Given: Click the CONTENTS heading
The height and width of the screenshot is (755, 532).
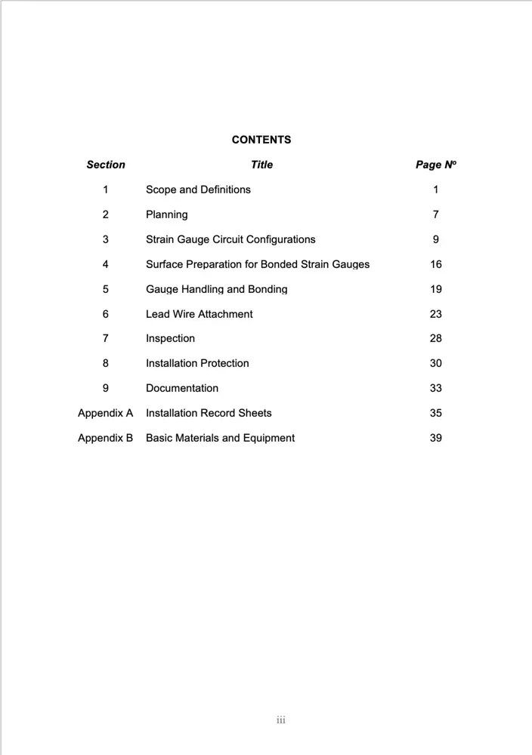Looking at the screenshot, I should (x=261, y=140).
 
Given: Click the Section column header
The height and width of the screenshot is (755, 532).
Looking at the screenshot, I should (x=106, y=165).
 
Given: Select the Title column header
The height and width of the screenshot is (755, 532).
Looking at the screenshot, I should (x=261, y=165).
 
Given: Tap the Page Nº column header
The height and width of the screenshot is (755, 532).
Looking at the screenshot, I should (x=435, y=165).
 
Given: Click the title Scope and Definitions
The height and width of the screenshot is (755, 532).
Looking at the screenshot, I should (x=198, y=190).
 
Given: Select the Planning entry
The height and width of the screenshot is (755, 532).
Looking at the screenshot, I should (x=166, y=214).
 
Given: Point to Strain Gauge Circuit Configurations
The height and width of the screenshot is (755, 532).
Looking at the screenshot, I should (x=230, y=239).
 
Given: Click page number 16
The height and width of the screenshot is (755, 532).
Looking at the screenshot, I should (x=435, y=264).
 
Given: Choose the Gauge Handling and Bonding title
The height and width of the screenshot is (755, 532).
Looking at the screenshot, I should (x=216, y=289).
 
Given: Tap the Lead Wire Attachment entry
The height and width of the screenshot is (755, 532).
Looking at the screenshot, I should (x=199, y=314).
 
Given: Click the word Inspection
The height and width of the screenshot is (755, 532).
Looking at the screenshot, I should (x=170, y=338).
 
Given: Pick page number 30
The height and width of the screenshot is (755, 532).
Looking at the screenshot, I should (x=435, y=363).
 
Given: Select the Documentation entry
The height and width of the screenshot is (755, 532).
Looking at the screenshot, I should (x=181, y=388).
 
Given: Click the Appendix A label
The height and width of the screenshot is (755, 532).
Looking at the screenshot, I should (x=105, y=413).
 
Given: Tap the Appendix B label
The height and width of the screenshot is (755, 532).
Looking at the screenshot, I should (x=105, y=438).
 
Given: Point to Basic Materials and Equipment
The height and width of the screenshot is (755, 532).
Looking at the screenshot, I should (x=220, y=438).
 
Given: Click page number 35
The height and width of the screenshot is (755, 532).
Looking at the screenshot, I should (x=435, y=413).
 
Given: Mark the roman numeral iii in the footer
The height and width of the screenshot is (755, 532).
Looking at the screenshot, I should (x=280, y=720).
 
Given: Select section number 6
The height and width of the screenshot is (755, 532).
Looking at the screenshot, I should (x=105, y=314).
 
